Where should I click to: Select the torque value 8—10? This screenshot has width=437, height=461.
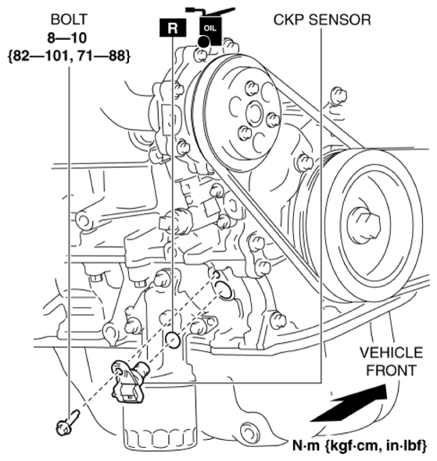click(67, 37)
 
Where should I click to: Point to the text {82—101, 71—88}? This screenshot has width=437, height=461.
click(67, 55)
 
